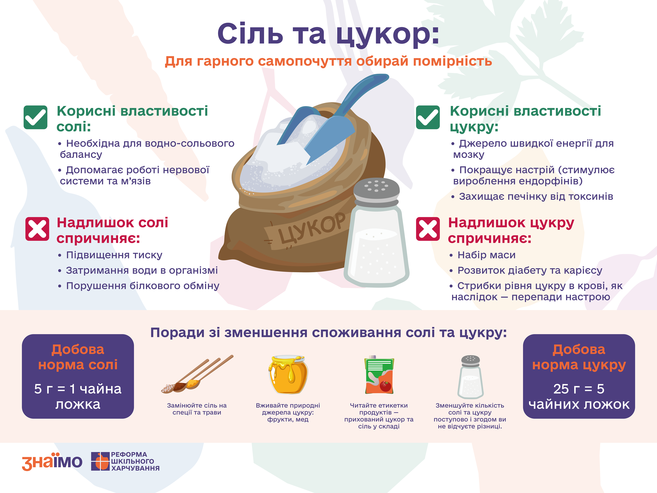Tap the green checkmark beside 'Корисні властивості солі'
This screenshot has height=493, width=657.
point(35,117)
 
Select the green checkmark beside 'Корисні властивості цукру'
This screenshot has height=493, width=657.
point(428,117)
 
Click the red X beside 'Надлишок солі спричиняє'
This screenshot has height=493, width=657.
point(37,229)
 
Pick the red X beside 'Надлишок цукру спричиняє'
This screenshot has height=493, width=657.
point(428,229)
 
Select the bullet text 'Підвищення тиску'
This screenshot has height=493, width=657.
point(114,255)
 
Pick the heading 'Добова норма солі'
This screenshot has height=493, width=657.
point(78,357)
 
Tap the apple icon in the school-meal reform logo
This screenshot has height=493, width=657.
point(102,461)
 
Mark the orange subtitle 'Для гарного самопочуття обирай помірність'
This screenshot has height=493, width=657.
point(328,61)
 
